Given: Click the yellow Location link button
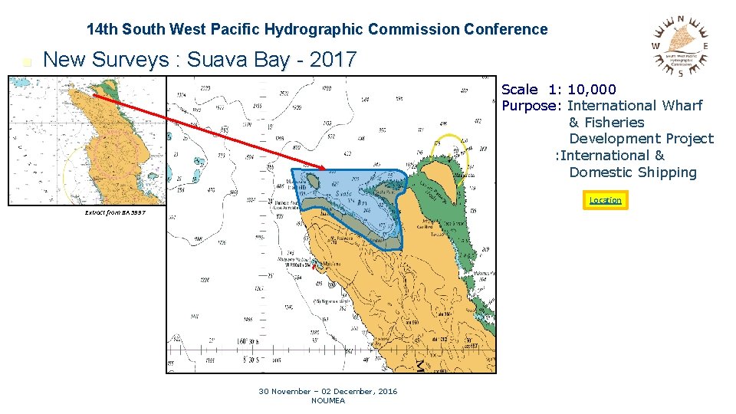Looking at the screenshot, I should coord(605,200).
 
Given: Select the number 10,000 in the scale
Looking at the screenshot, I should coord(592,90).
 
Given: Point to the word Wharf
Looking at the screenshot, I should coord(682,106).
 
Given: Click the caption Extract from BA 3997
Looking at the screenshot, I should coord(114,212).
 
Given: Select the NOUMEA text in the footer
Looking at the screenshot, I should coord(328,400).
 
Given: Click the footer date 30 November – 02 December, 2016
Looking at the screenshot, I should coord(328,391).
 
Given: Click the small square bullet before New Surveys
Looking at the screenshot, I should coord(28,62).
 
